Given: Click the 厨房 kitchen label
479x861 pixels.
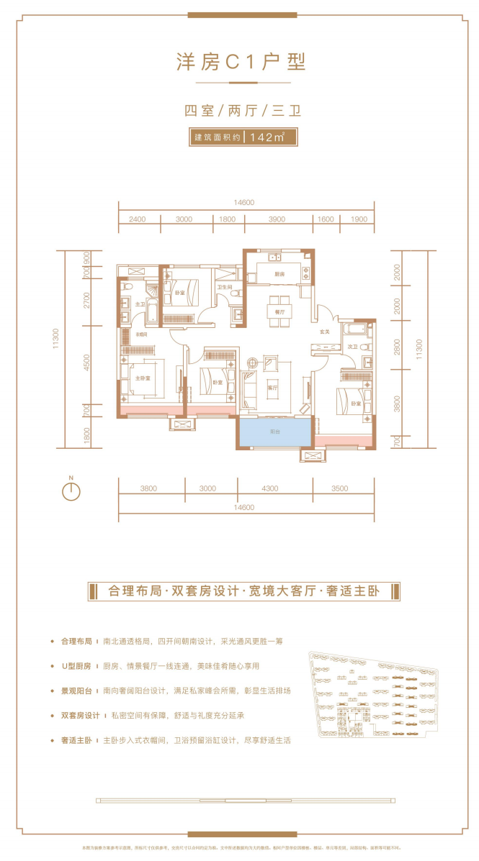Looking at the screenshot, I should click(x=279, y=275).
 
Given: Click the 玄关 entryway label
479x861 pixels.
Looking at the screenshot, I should click(x=324, y=332).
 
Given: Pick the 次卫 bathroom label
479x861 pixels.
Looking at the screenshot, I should click(x=353, y=347).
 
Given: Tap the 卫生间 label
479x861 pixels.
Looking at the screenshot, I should click(x=224, y=288).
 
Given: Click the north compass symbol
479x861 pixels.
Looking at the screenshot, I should click(x=71, y=491).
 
